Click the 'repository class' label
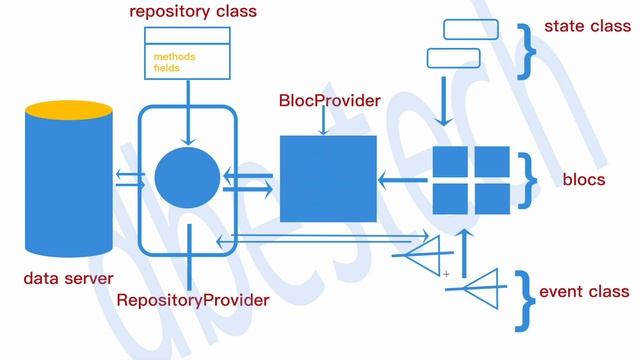pyautogui.click(x=193, y=12)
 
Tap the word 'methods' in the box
pyautogui.click(x=174, y=57)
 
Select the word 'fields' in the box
pyautogui.click(x=167, y=68)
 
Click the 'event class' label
pyautogui.click(x=584, y=292)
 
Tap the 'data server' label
pyautogui.click(x=69, y=278)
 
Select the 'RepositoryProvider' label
pyautogui.click(x=193, y=299)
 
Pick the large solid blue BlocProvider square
pyautogui.click(x=328, y=179)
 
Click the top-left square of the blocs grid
pyautogui.click(x=450, y=162)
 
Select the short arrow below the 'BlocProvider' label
pyautogui.click(x=322, y=123)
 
